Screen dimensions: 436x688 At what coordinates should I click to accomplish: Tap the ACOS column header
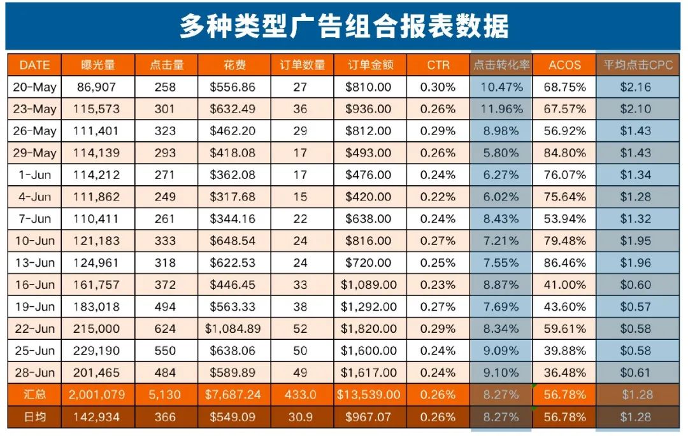[564, 65]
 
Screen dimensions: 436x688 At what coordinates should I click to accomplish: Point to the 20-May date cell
[34, 87]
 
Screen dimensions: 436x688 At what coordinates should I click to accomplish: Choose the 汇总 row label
[34, 395]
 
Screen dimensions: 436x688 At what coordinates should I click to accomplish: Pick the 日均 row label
[34, 417]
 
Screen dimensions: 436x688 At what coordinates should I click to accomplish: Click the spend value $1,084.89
[233, 329]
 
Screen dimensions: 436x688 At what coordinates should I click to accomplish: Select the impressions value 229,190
[99, 351]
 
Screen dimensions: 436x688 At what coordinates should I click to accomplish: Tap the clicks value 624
[164, 329]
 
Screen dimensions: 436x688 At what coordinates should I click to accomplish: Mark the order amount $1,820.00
[368, 329]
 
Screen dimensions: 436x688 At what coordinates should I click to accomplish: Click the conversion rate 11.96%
[501, 109]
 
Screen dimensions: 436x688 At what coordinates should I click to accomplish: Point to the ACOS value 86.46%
[564, 263]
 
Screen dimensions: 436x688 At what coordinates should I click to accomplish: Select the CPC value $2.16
[636, 87]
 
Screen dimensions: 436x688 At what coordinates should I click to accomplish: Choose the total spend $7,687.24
[233, 395]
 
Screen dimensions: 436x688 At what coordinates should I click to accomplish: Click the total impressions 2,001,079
[99, 395]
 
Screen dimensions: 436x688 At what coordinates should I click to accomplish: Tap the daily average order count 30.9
[300, 417]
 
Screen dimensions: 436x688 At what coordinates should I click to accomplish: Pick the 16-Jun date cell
[34, 285]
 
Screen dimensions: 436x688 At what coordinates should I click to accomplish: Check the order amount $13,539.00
[368, 395]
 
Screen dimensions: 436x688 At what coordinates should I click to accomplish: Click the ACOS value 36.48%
[564, 373]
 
